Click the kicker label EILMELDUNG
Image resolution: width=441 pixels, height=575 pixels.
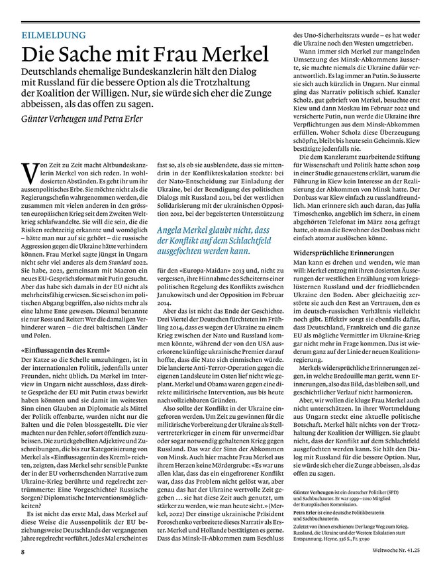coord(53,35)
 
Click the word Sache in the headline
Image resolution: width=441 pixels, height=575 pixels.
coord(89,55)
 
